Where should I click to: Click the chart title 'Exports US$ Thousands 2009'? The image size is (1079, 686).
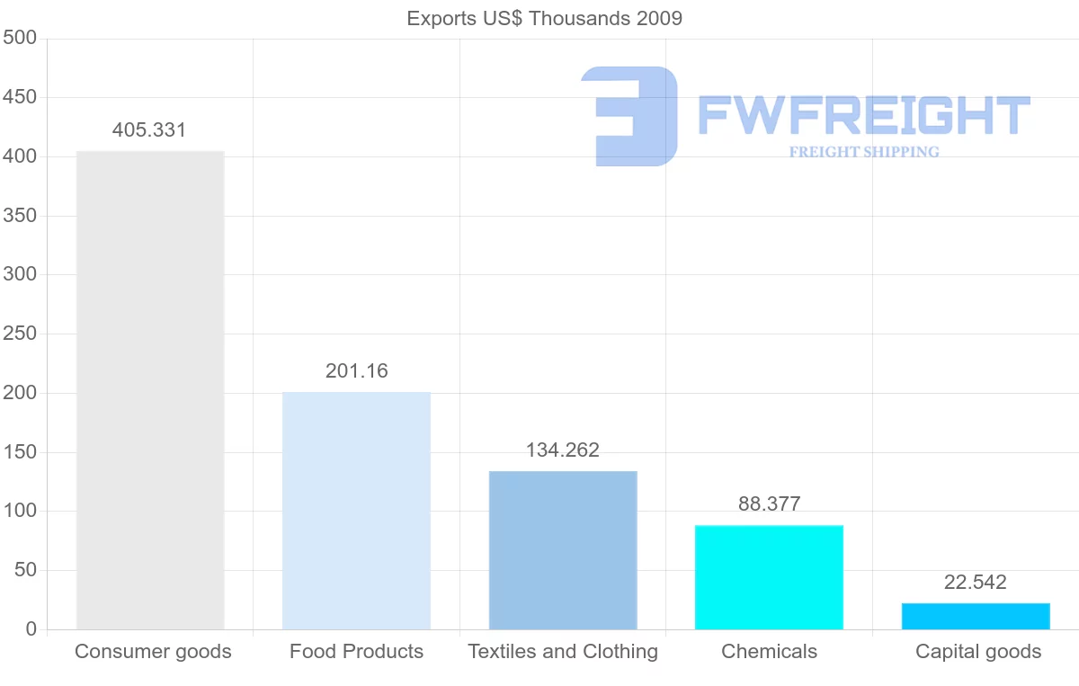click(x=544, y=19)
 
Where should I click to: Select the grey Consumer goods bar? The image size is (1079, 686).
click(x=150, y=390)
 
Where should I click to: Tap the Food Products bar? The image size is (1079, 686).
click(x=356, y=511)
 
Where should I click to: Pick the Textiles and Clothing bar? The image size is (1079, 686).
click(x=563, y=550)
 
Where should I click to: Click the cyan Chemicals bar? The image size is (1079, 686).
click(x=770, y=577)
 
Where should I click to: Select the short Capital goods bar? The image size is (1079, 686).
click(x=976, y=616)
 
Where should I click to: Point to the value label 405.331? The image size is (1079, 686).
click(x=149, y=130)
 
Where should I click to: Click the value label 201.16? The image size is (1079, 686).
click(x=356, y=371)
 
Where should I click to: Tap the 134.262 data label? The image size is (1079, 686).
click(x=563, y=450)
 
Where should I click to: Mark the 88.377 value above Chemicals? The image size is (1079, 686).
click(x=770, y=503)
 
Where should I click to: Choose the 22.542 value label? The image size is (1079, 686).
click(x=976, y=582)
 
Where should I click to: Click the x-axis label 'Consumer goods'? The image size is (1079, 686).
click(x=153, y=652)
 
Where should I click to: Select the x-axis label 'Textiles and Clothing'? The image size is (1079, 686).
click(x=563, y=652)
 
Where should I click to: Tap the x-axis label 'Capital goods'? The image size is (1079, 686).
click(x=978, y=652)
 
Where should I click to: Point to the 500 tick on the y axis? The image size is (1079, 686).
click(x=20, y=38)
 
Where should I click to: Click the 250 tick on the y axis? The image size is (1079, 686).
click(x=20, y=334)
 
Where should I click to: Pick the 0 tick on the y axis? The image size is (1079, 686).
click(x=31, y=628)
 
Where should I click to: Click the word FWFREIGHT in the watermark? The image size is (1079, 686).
click(x=864, y=115)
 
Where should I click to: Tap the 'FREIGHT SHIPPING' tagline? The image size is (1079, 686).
click(x=864, y=152)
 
